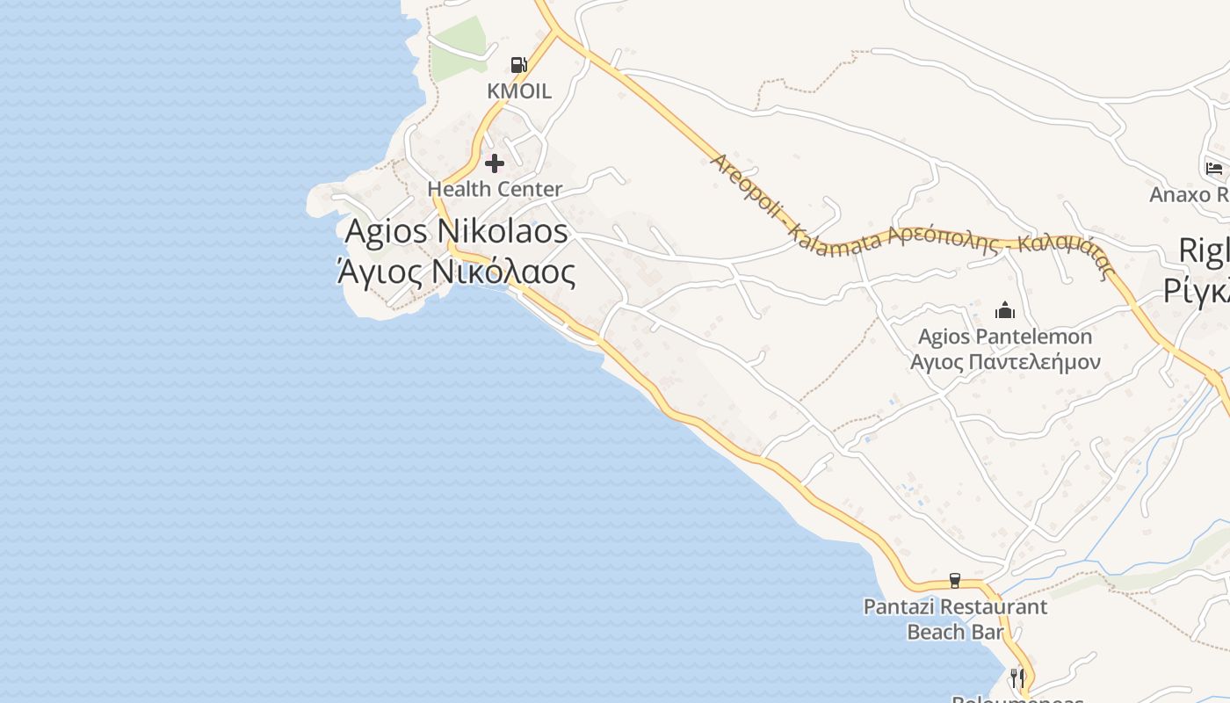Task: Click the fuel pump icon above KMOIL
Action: coord(518,64)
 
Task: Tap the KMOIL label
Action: coord(519,91)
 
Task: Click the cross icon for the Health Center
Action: coord(495,163)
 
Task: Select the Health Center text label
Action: coord(495,189)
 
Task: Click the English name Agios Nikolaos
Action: coord(457,232)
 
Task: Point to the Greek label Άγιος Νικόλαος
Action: coord(457,272)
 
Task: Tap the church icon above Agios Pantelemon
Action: coord(1004,310)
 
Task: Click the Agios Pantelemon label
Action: coord(1005,337)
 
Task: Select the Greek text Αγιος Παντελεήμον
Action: coord(1005,361)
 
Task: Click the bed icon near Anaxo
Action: coord(1214,168)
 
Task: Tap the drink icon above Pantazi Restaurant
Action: coord(955,581)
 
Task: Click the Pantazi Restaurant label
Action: coord(955,606)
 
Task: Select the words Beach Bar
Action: coord(955,632)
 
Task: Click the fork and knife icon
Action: coord(1017,678)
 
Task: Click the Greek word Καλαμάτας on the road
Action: coord(1067,255)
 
